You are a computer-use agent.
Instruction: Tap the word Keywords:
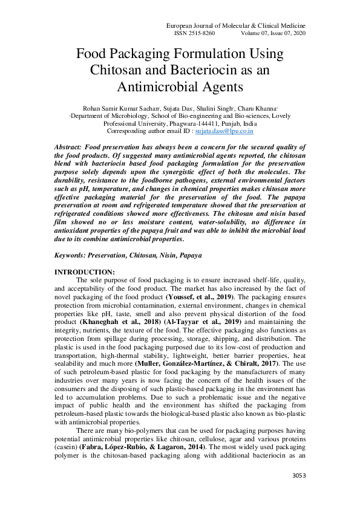[74, 256]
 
